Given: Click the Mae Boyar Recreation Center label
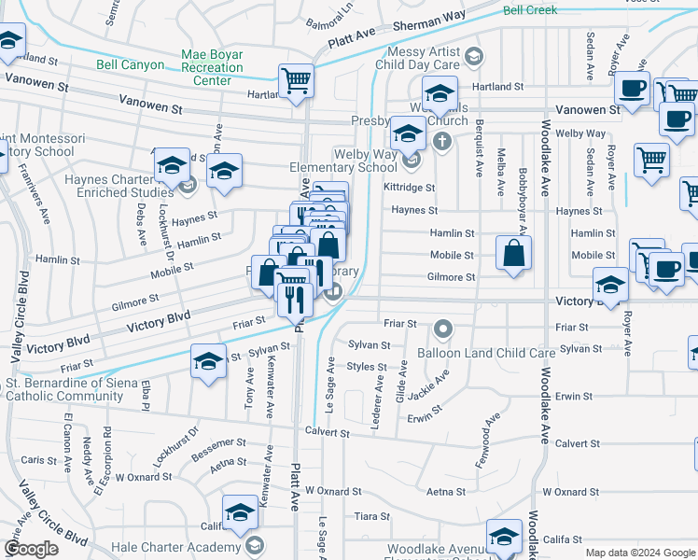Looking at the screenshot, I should (212, 68).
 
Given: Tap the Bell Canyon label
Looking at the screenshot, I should (130, 65).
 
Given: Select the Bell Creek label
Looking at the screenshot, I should (529, 10).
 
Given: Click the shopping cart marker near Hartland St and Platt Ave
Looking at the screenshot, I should (296, 80).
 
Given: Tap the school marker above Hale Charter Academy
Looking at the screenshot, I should (240, 511).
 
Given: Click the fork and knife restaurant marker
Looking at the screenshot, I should (291, 299).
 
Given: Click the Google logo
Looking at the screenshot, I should (31, 549).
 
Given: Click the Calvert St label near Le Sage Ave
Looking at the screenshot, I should (327, 432).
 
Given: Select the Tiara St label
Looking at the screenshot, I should (371, 516).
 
